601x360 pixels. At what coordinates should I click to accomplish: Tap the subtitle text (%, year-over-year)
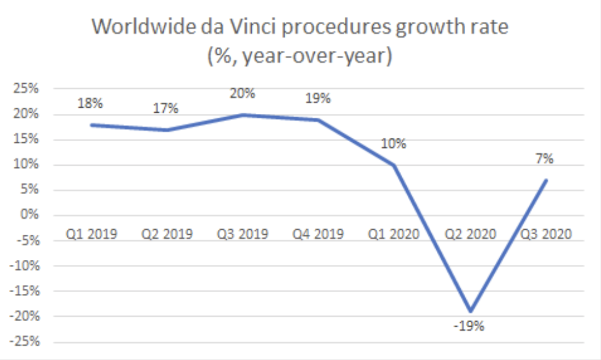point(299,56)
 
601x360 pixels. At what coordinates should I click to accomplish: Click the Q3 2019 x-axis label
point(242,234)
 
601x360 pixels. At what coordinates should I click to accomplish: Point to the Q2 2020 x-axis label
point(470,234)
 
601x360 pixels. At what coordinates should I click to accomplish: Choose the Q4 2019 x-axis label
point(318,234)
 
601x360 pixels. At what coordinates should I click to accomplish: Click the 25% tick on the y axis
point(26,89)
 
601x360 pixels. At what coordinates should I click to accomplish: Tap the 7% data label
point(546,159)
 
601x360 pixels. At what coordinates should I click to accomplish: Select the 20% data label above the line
point(242,93)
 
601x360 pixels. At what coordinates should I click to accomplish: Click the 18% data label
point(90,103)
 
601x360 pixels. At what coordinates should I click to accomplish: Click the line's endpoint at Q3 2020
point(546,180)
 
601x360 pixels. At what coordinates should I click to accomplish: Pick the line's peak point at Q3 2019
point(242,114)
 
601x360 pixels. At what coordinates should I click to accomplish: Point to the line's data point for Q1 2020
point(394,165)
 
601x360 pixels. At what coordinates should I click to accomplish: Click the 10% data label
point(394,144)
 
